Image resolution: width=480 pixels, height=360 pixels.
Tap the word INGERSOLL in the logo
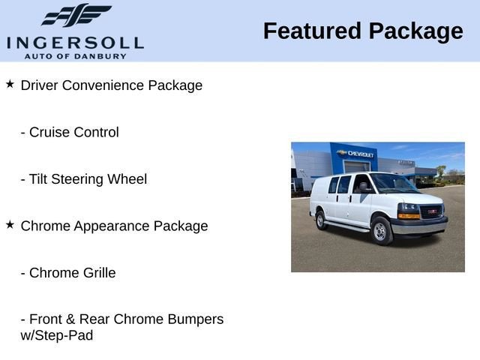tap(74, 43)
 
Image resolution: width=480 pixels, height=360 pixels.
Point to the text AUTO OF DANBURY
tap(75, 56)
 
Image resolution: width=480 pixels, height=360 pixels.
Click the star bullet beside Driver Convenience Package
tap(10, 84)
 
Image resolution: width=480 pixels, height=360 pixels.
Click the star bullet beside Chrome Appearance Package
tap(10, 224)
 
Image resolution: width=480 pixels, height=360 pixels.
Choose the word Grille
tap(94, 273)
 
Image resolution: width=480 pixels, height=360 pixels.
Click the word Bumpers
tap(196, 319)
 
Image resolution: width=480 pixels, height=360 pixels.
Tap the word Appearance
tap(109, 226)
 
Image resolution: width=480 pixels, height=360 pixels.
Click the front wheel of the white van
tap(380, 231)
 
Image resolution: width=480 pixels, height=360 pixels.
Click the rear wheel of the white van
tap(320, 220)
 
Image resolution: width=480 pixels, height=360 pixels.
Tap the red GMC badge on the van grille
tap(432, 212)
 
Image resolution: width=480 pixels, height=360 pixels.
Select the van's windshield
tap(394, 184)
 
